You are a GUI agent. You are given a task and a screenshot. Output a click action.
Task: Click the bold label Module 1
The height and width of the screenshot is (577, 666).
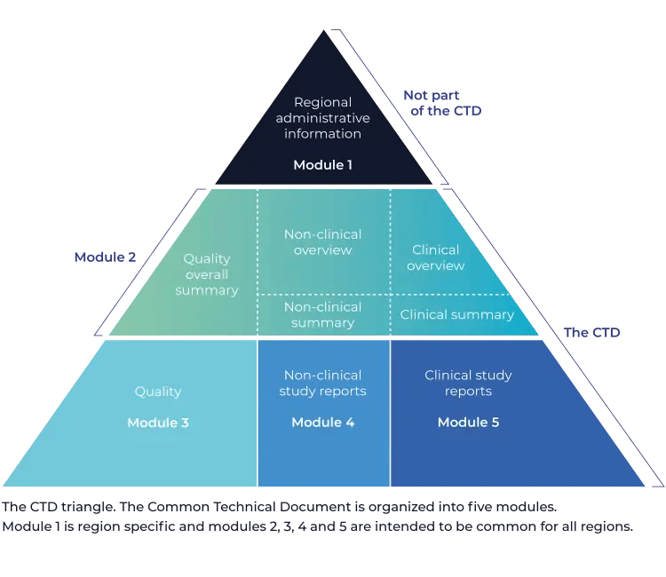coord(323,165)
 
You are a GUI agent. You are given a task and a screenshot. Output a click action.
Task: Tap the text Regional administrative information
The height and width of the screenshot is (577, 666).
coord(323,118)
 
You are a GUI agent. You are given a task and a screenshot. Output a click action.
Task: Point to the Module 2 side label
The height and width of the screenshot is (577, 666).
coord(105,257)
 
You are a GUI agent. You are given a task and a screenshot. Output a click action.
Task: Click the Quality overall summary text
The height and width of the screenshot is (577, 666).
coord(207,274)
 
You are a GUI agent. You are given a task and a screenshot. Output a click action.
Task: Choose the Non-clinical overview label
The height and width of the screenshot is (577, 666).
coord(322,241)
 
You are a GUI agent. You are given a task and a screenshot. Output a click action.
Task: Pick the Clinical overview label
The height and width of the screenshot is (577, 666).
coord(436,257)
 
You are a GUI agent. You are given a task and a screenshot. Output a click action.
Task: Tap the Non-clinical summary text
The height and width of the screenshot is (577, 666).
coord(322,314)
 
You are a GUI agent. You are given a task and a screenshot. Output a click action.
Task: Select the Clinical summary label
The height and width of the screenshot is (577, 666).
coord(456,314)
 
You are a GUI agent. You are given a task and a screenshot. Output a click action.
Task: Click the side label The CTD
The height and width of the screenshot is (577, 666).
coord(591,332)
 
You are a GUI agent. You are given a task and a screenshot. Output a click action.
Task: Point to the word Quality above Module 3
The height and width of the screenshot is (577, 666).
coord(158,391)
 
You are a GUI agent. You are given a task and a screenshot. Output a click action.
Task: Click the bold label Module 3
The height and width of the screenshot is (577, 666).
coord(158,423)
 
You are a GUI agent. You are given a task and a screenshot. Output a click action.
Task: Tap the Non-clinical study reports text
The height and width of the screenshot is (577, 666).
coord(322,383)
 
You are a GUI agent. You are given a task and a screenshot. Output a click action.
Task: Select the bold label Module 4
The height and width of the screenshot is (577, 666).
coord(323,423)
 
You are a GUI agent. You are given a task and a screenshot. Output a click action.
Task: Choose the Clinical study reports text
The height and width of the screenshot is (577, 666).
coord(468,383)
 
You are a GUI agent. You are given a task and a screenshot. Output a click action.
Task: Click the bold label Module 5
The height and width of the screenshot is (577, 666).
coord(468,423)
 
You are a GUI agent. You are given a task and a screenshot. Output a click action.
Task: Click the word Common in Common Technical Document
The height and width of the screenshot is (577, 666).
coord(178,508)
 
